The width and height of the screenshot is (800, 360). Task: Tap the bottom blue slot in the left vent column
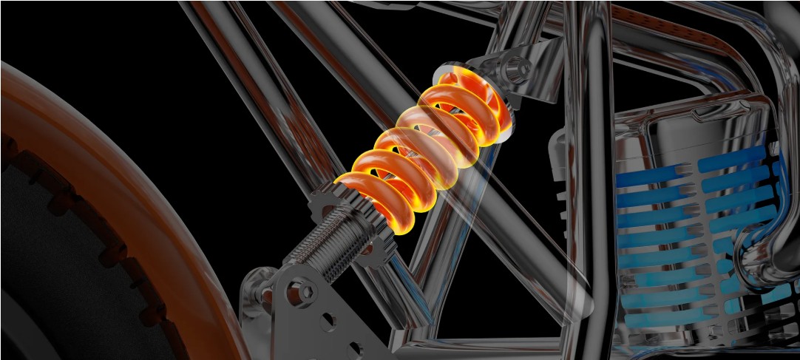[651, 319]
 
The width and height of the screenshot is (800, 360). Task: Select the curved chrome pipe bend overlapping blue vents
[762, 244]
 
